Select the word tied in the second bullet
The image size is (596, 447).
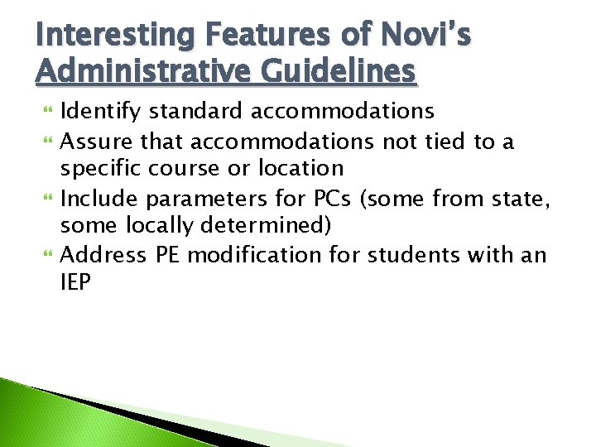(x=445, y=141)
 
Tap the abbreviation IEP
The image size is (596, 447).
(x=76, y=283)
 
